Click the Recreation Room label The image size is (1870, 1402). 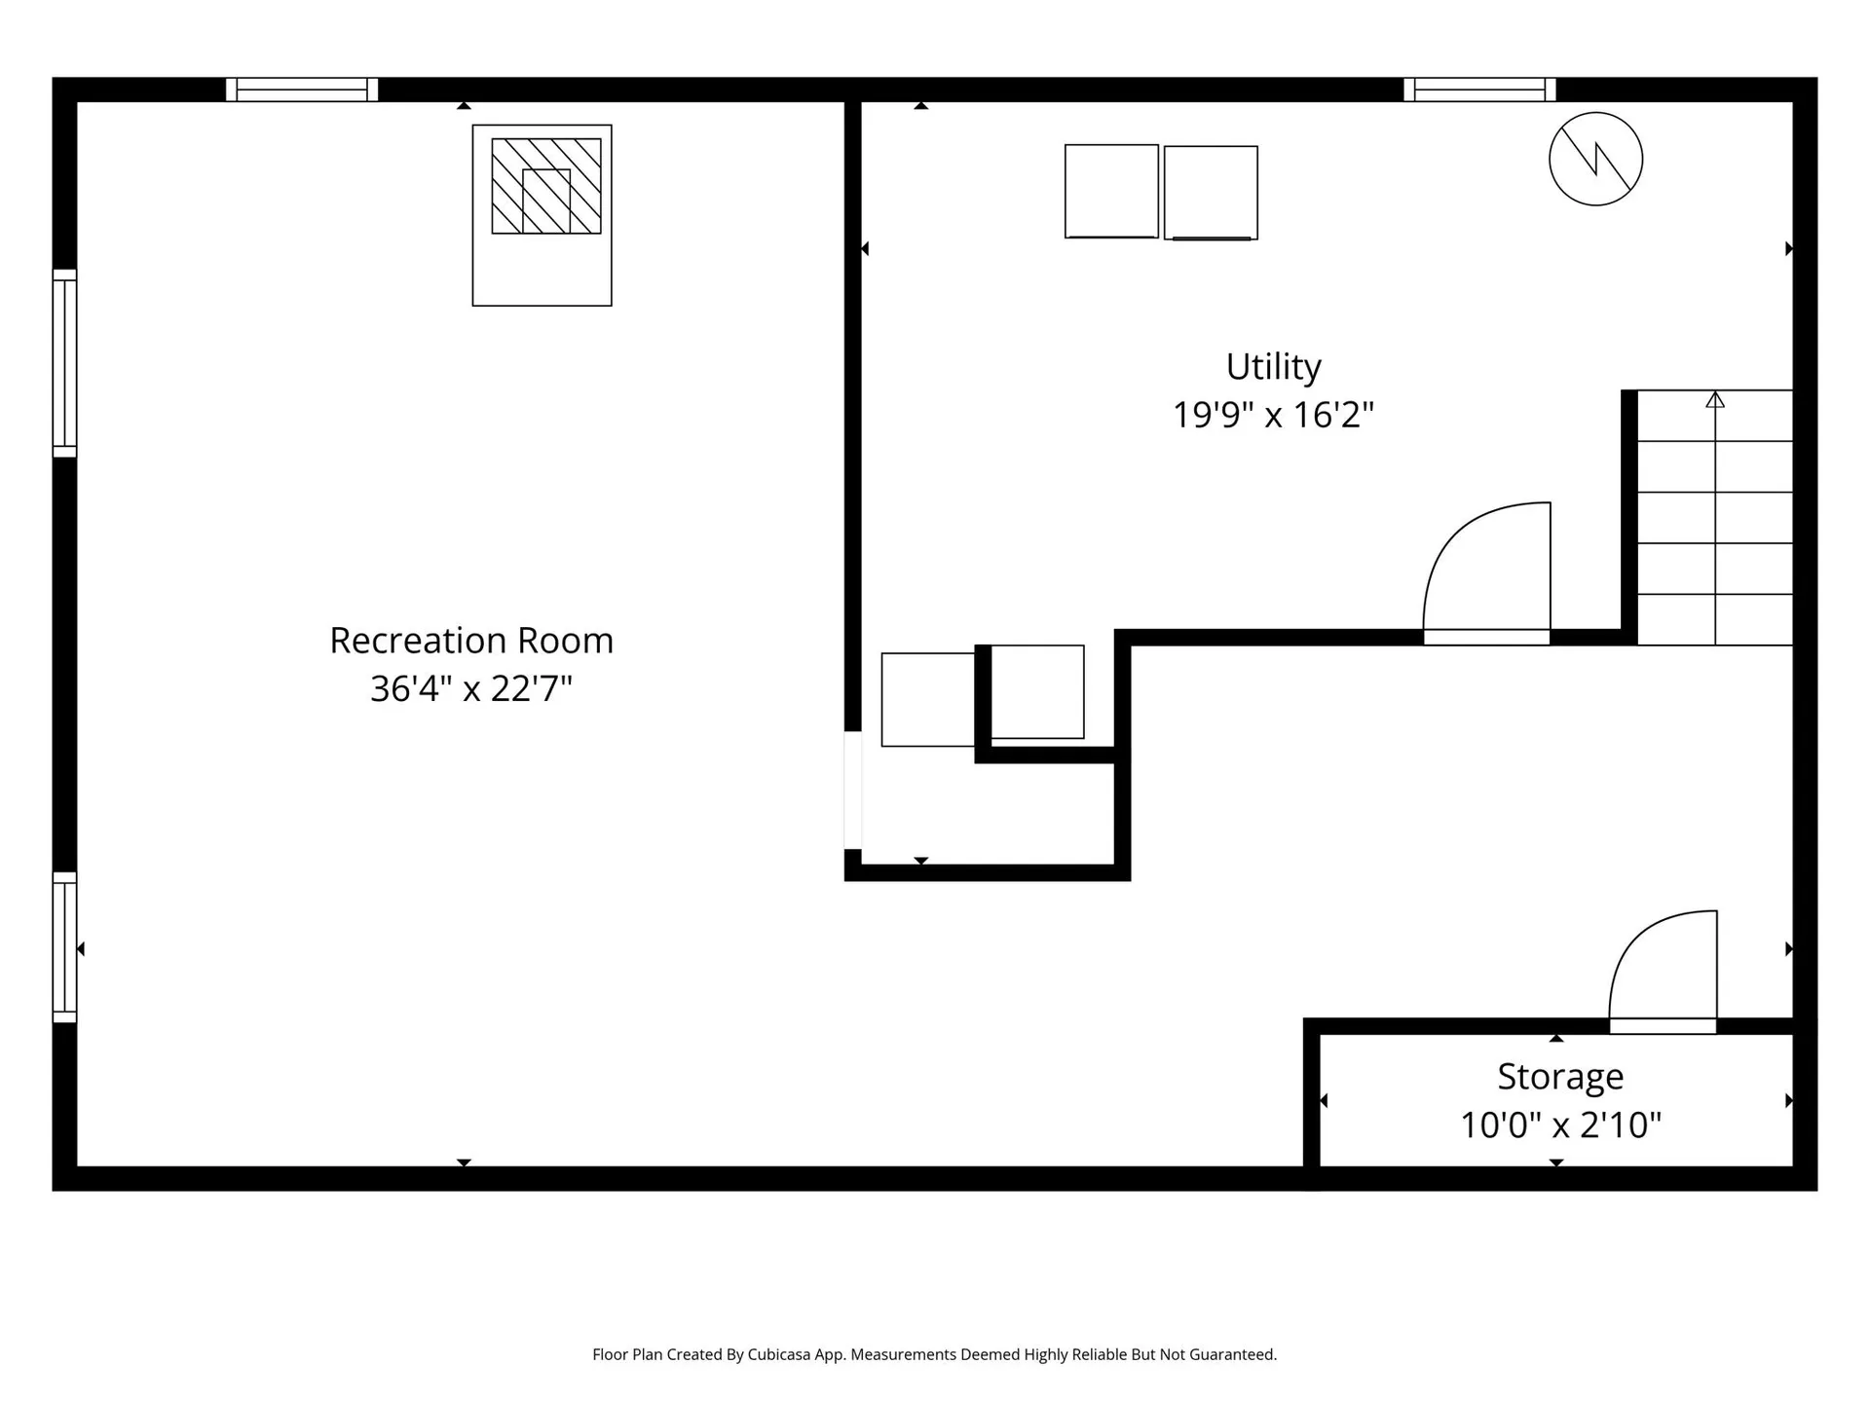[x=471, y=641]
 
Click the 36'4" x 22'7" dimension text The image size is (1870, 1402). [x=471, y=689]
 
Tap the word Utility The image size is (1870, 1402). [x=1273, y=367]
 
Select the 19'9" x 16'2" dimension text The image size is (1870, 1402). [x=1273, y=416]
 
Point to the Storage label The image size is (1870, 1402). [x=1560, y=1077]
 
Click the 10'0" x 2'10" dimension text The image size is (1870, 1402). [x=1560, y=1125]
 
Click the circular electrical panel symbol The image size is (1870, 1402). [x=1595, y=159]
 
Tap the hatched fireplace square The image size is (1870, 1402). [x=545, y=186]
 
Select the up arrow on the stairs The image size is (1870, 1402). [x=1715, y=399]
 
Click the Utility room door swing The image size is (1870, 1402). [x=1486, y=570]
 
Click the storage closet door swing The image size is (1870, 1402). [x=1663, y=969]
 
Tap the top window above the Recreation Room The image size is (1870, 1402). [x=302, y=90]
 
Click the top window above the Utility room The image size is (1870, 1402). [x=1479, y=90]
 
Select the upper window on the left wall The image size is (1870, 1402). [x=64, y=362]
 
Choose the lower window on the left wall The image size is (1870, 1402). [x=64, y=947]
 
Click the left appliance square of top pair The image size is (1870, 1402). [x=1111, y=191]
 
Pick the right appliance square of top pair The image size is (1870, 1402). [x=1211, y=193]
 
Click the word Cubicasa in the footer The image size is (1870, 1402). [x=779, y=1354]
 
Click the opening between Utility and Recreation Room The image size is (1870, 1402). [x=852, y=790]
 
